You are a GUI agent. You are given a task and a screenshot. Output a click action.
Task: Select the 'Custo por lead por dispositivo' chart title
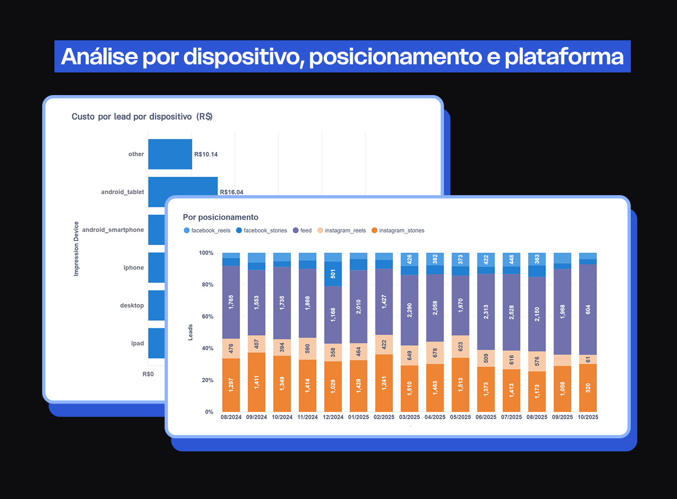pos(142,117)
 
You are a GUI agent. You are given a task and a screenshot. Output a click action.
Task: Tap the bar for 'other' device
pos(170,154)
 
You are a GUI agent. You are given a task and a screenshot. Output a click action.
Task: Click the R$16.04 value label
pos(231,192)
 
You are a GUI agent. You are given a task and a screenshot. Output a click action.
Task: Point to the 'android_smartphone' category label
pos(113,230)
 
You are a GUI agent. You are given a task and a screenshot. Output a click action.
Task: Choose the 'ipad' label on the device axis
pos(137,343)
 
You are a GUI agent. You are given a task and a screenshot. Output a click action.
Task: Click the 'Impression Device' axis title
pos(76,249)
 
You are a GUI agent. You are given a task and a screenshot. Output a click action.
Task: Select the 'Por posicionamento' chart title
pos(220,217)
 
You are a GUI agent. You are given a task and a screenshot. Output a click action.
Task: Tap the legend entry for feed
pos(302,230)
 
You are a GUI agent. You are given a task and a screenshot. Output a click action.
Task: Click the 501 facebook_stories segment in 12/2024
pos(333,274)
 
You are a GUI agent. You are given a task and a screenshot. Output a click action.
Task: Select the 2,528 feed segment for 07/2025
pos(511,312)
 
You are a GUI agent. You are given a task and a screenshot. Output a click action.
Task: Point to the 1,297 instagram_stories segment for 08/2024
pos(231,385)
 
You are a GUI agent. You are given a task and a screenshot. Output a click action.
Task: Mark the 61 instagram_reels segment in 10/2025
pos(588,360)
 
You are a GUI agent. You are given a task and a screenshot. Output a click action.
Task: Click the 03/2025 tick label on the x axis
pos(409,417)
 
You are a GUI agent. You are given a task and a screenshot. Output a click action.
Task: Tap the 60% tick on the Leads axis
pos(208,317)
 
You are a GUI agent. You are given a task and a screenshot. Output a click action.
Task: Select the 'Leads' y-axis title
pos(190,332)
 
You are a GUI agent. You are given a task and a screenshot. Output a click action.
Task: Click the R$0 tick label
pos(148,374)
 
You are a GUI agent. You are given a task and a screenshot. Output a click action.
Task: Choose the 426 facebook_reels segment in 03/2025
pos(409,259)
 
